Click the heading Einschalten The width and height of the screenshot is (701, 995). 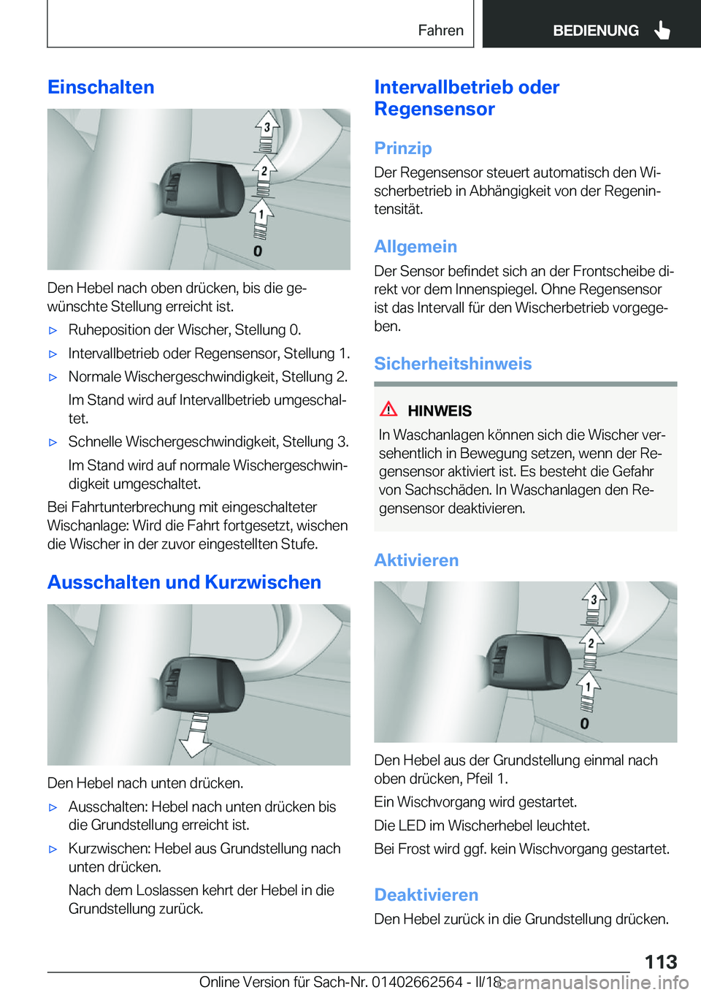(x=101, y=87)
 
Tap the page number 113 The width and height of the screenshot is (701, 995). (x=660, y=961)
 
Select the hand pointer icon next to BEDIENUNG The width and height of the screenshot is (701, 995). (x=662, y=30)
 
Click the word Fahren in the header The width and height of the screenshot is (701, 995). (x=440, y=30)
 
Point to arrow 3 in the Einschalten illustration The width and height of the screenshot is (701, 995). (x=267, y=127)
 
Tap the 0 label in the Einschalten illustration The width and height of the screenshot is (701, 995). (x=257, y=251)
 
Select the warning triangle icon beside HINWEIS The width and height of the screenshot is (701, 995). (x=389, y=409)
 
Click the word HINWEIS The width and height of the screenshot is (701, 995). (x=440, y=411)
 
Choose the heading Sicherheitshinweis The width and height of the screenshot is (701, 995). (x=453, y=363)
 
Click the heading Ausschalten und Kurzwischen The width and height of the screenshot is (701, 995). (x=184, y=582)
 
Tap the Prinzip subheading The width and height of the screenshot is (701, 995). (x=402, y=148)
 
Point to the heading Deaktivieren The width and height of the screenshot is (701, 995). (x=426, y=895)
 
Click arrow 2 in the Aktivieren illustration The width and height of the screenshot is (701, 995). (x=591, y=643)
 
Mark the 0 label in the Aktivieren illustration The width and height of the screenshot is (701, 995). (x=584, y=723)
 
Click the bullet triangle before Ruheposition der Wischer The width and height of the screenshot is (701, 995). (x=53, y=330)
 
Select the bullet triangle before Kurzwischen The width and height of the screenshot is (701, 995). (x=53, y=849)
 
